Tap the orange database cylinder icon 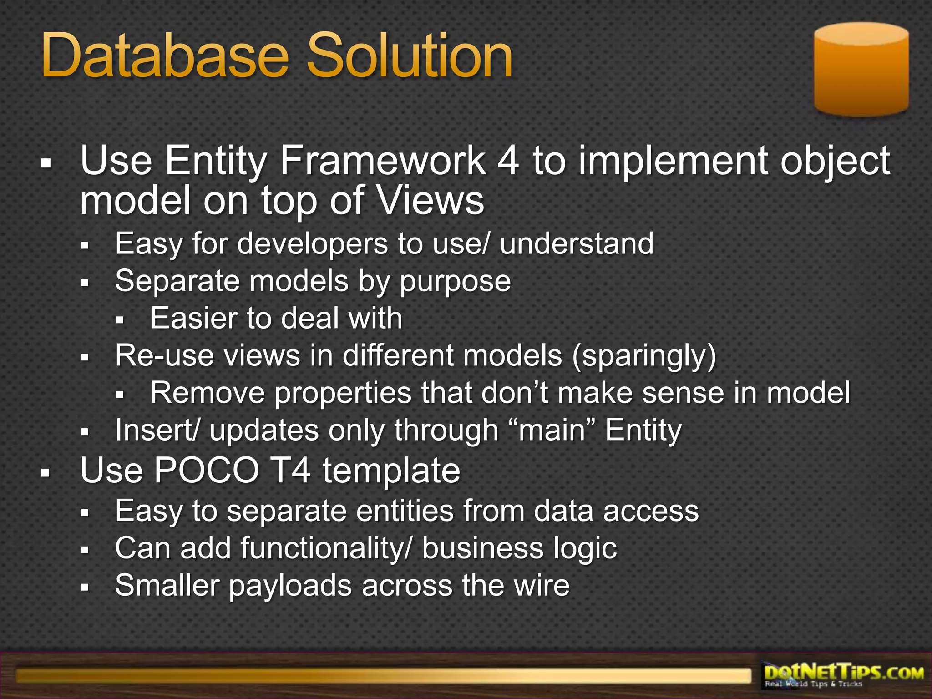click(861, 69)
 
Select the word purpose click(455, 282)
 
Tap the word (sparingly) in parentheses click(644, 355)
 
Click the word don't click(515, 393)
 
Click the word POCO click(207, 471)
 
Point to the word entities click(405, 511)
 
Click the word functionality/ click(327, 548)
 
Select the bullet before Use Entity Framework click(45, 162)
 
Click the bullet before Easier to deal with click(120, 319)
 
